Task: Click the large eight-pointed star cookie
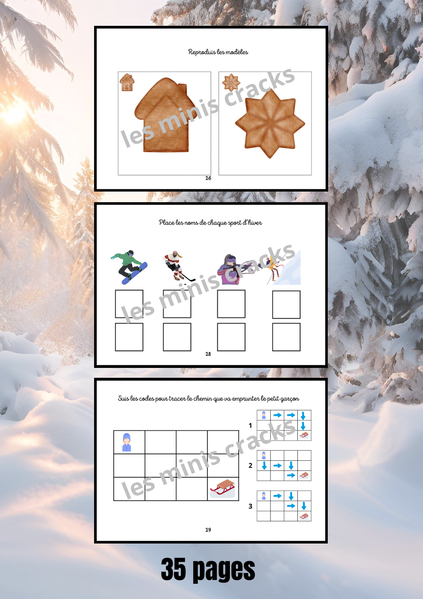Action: (x=270, y=124)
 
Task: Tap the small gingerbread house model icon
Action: (x=127, y=82)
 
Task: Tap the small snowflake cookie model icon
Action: (x=231, y=82)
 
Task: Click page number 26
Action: (x=208, y=178)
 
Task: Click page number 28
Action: (x=208, y=354)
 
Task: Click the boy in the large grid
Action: (x=127, y=442)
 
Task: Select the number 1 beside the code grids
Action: (x=250, y=425)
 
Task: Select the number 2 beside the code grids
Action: (x=250, y=466)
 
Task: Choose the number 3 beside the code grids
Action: (x=250, y=506)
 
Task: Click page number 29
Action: (x=208, y=529)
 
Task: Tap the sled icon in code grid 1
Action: (x=304, y=435)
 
